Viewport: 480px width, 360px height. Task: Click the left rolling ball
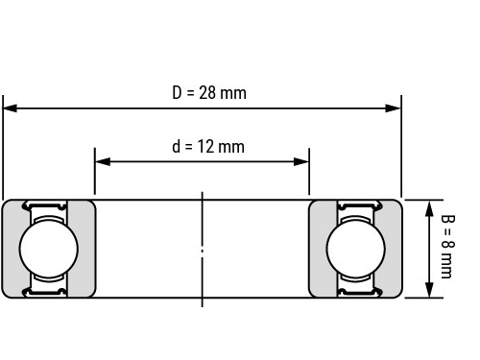[49, 249]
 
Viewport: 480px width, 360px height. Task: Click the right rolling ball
[356, 249]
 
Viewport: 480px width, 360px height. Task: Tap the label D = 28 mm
[209, 93]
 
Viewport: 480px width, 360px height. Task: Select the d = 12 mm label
[208, 147]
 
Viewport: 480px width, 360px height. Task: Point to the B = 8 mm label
[447, 247]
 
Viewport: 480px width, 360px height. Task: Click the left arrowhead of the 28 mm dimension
[10, 108]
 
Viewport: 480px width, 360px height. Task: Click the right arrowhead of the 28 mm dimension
[393, 108]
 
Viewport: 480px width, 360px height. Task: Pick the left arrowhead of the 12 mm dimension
[103, 161]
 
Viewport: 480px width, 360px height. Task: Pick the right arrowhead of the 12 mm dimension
[301, 161]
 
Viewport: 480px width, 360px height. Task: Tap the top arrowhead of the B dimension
[430, 208]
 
